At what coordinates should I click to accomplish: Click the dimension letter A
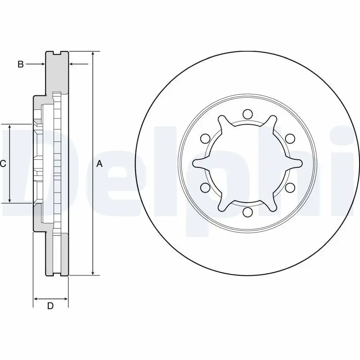click(x=100, y=164)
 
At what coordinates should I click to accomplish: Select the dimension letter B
click(x=20, y=64)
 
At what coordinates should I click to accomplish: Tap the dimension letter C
click(x=3, y=164)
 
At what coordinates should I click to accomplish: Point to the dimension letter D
click(x=50, y=306)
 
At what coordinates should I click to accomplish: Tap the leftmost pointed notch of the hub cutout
click(x=193, y=163)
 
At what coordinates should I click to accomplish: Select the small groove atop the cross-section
click(x=57, y=54)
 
